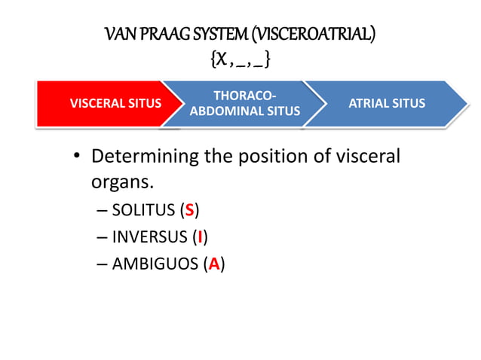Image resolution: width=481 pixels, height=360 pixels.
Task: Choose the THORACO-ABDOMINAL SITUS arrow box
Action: tap(245, 104)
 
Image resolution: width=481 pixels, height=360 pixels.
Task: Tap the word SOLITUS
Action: tap(142, 210)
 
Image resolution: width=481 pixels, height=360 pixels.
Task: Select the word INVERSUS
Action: tap(147, 237)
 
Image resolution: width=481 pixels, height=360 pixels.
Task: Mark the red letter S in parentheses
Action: tap(190, 210)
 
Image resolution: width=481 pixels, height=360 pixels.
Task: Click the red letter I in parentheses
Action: tap(198, 237)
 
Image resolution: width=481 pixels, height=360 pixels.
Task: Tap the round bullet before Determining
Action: tap(77, 158)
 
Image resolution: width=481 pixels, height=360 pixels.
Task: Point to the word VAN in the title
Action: tap(118, 34)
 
